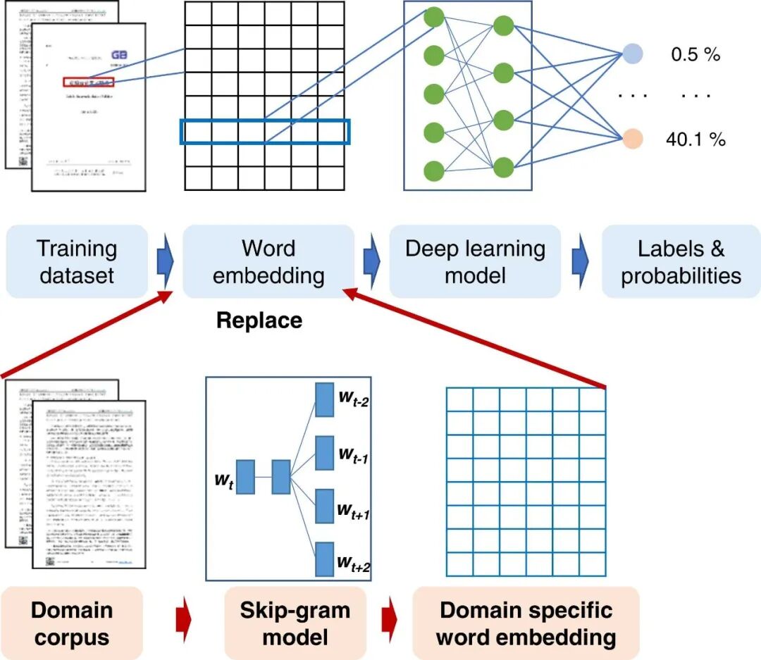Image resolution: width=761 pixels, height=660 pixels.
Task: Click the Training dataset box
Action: (77, 261)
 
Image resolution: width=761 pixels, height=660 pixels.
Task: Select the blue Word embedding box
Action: (268, 261)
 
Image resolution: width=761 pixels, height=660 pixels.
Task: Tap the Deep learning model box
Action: (475, 261)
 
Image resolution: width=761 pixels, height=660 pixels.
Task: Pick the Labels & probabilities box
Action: (681, 261)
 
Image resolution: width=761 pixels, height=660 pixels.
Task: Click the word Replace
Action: (259, 320)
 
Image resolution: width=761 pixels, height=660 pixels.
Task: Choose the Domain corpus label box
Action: (72, 624)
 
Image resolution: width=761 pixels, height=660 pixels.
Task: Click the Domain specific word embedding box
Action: (525, 624)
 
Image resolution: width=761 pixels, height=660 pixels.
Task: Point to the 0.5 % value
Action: (695, 54)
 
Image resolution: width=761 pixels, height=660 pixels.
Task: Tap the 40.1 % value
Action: (695, 139)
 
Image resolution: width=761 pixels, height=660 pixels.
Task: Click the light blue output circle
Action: (633, 54)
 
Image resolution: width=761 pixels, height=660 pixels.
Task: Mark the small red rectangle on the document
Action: (88, 82)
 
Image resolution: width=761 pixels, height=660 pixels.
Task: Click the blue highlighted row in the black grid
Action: (265, 132)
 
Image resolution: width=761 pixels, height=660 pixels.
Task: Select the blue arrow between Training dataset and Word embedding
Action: (164, 261)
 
